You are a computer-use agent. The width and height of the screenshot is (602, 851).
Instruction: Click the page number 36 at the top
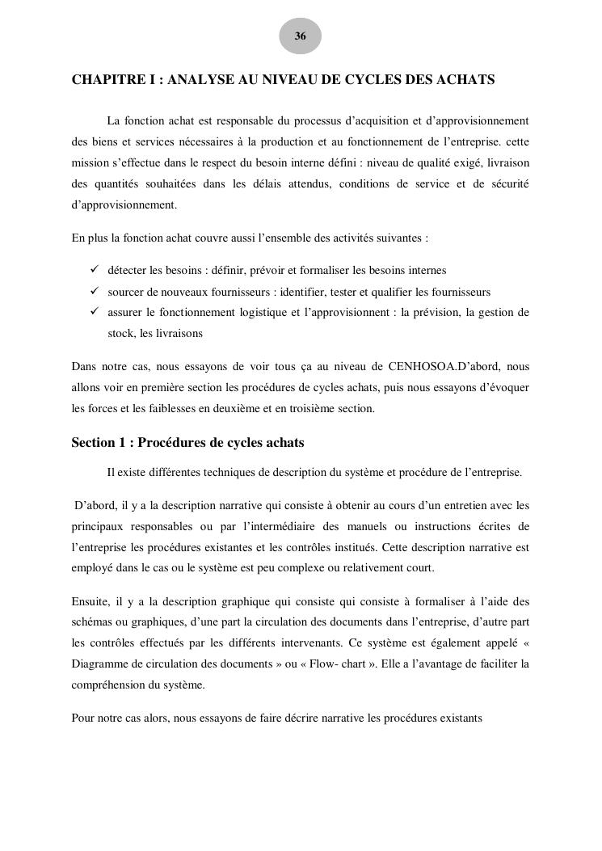[x=301, y=36]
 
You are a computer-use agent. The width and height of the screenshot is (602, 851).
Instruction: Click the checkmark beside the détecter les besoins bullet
[x=95, y=270]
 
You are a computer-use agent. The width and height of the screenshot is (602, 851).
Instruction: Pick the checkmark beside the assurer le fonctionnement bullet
[x=95, y=312]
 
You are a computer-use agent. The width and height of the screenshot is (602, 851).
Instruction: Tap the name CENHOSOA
[x=426, y=367]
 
